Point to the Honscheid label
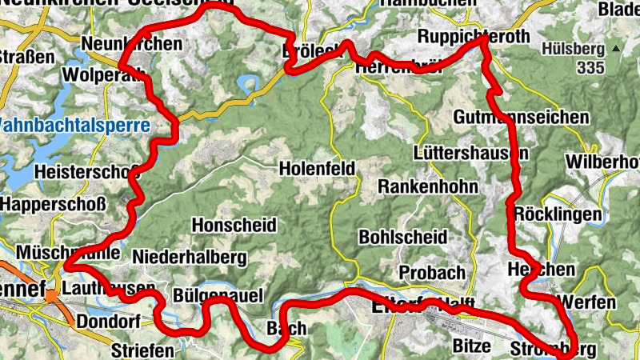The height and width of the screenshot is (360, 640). point(234,225)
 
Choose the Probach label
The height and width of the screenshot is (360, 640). point(432,272)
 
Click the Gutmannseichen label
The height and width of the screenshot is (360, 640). point(521,118)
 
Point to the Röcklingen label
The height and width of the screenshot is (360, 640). point(558,214)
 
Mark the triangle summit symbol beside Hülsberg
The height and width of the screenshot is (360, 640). point(615,49)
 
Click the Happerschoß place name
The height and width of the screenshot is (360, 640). point(53,204)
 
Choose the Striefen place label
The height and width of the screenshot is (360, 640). point(142,350)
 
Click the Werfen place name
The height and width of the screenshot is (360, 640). point(589,302)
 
